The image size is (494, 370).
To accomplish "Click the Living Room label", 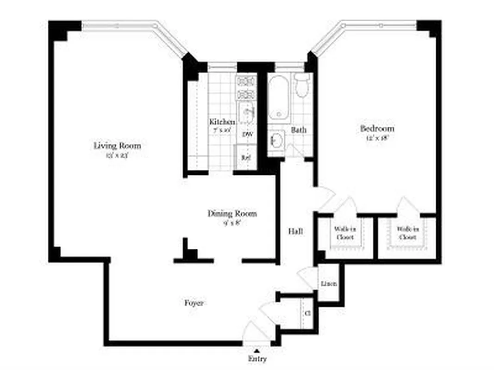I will [117, 146].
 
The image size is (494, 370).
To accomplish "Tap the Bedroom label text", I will [377, 129].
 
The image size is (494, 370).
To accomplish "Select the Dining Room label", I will [231, 214].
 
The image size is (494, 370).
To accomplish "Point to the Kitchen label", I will [222, 122].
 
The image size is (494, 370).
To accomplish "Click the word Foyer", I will [194, 303].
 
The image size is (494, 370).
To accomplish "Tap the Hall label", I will [296, 231].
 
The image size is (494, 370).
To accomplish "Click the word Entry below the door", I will [257, 359].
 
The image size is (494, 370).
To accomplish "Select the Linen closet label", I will [329, 284].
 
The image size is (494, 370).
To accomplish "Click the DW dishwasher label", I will [247, 135].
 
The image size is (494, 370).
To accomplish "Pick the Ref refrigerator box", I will [245, 157].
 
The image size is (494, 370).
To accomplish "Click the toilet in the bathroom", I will [302, 86].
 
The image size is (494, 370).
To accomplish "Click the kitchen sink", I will [245, 112].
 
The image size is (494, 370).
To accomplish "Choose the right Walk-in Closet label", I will [407, 233].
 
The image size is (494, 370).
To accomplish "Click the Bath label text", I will [299, 130].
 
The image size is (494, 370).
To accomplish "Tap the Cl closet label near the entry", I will [307, 313].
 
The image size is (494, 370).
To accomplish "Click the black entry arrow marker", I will [256, 351].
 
